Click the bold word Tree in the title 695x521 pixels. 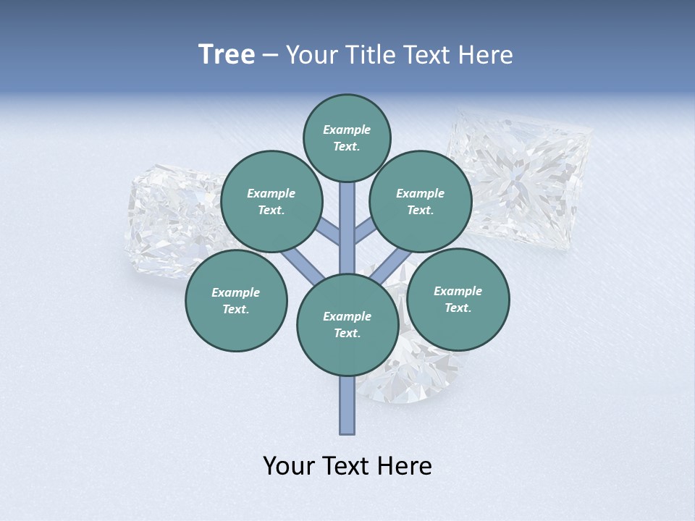pos(227,55)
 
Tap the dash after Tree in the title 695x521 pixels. pos(271,56)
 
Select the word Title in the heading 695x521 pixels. pos(371,55)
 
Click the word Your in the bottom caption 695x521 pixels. pos(288,467)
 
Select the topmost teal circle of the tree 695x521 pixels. pos(347,137)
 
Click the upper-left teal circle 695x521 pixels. pos(271,201)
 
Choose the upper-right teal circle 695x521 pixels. pos(420,201)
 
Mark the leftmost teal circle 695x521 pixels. pos(235,300)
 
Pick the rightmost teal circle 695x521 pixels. pos(458,299)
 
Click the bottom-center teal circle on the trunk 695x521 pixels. pos(347,324)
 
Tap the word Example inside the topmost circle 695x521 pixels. pos(347,130)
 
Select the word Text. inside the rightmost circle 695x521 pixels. pos(458,308)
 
